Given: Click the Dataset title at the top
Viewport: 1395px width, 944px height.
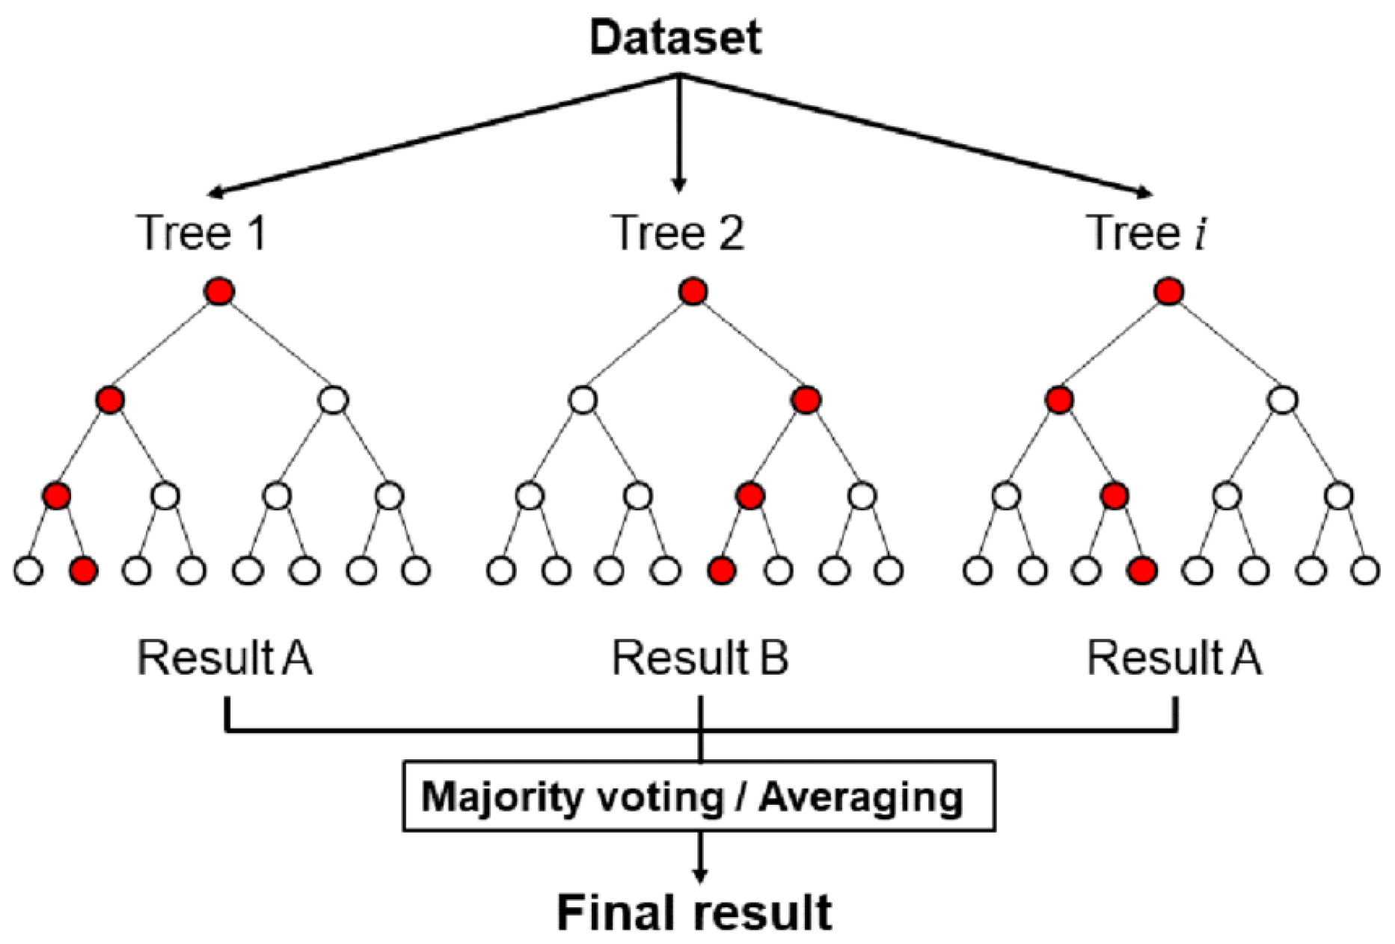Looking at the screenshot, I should (675, 38).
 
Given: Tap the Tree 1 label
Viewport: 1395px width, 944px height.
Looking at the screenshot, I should (202, 233).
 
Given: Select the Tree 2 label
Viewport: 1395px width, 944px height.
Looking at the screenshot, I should (678, 233).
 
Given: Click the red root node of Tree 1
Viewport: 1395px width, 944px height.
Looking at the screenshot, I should (219, 291).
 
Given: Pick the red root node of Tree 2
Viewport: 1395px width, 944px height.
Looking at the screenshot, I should (693, 291).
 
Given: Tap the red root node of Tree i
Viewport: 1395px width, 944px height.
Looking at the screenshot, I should (1169, 291).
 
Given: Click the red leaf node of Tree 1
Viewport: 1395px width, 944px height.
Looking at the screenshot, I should (83, 571).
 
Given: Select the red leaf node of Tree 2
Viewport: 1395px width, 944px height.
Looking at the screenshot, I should (722, 571).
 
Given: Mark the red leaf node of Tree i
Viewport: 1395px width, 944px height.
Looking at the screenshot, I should (1142, 571).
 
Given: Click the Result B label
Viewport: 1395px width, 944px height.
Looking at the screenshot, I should (700, 659).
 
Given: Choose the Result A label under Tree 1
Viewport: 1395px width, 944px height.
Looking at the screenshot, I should (224, 659).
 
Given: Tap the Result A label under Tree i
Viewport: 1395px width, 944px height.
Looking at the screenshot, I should (1174, 659).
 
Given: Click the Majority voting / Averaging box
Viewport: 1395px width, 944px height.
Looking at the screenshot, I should (699, 797).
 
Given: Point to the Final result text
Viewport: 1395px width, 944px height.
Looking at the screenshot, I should (694, 913).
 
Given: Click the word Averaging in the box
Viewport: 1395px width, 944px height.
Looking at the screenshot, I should (861, 797).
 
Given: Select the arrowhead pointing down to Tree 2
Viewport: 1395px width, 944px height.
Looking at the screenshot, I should (678, 186).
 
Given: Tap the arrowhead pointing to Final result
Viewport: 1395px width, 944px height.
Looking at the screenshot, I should (699, 874).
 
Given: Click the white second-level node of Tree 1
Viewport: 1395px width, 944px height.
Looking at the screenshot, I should (334, 401).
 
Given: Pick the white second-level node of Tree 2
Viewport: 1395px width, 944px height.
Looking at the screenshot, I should (583, 401).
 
